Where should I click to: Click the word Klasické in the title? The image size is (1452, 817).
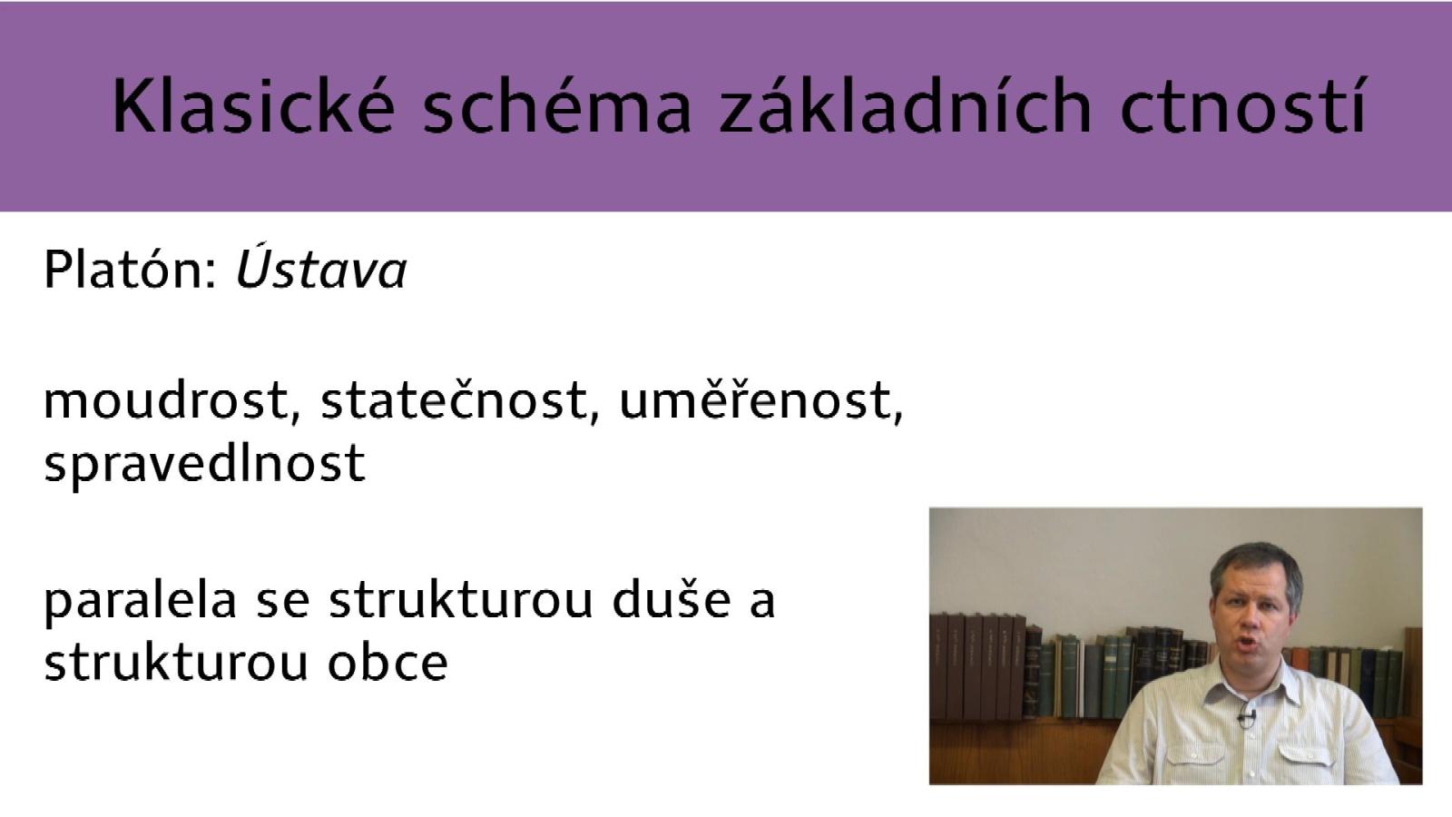pos(253,105)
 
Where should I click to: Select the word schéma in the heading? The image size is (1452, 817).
pos(557,105)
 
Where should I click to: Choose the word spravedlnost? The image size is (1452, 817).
pos(205,464)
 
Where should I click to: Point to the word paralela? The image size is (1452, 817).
pos(140,600)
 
